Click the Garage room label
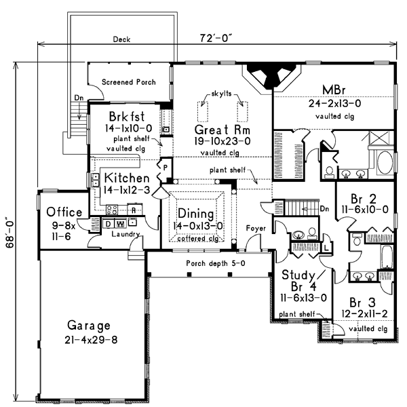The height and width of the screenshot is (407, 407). (90, 324)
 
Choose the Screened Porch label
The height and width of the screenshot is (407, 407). (129, 82)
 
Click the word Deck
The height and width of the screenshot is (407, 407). (121, 40)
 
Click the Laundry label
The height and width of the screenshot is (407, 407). (125, 235)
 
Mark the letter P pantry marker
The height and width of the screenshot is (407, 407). (165, 166)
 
